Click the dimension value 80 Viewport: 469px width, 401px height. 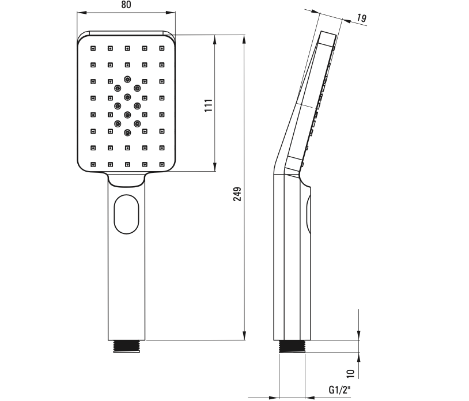(x=126, y=5)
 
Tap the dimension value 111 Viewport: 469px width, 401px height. (x=209, y=105)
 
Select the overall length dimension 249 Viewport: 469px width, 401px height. (x=237, y=194)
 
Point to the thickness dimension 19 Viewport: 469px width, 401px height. (x=362, y=18)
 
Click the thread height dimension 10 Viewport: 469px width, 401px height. (x=350, y=373)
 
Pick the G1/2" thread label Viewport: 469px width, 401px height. (x=339, y=390)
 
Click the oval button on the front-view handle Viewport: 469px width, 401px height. (x=127, y=214)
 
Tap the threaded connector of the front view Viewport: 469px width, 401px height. (x=127, y=346)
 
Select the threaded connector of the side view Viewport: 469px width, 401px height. (x=292, y=346)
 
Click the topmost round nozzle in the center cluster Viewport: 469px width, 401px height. (x=127, y=80)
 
